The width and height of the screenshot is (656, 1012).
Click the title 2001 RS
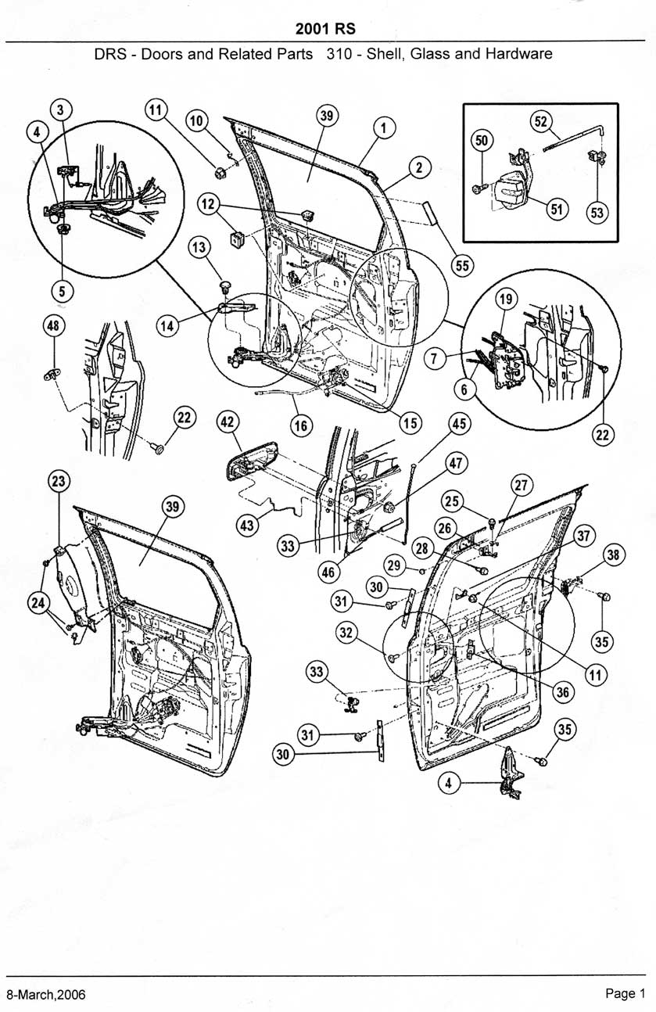pyautogui.click(x=326, y=29)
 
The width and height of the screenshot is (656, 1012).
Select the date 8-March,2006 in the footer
pyautogui.click(x=45, y=994)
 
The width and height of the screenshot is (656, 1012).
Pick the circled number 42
pyautogui.click(x=228, y=422)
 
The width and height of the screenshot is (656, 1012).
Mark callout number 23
pyautogui.click(x=59, y=480)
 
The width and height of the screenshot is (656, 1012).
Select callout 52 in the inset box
pyautogui.click(x=541, y=120)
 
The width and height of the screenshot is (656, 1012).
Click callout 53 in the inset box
pyautogui.click(x=598, y=214)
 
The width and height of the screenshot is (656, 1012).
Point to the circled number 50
pyautogui.click(x=482, y=140)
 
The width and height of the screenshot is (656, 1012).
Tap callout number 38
pyautogui.click(x=614, y=556)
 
